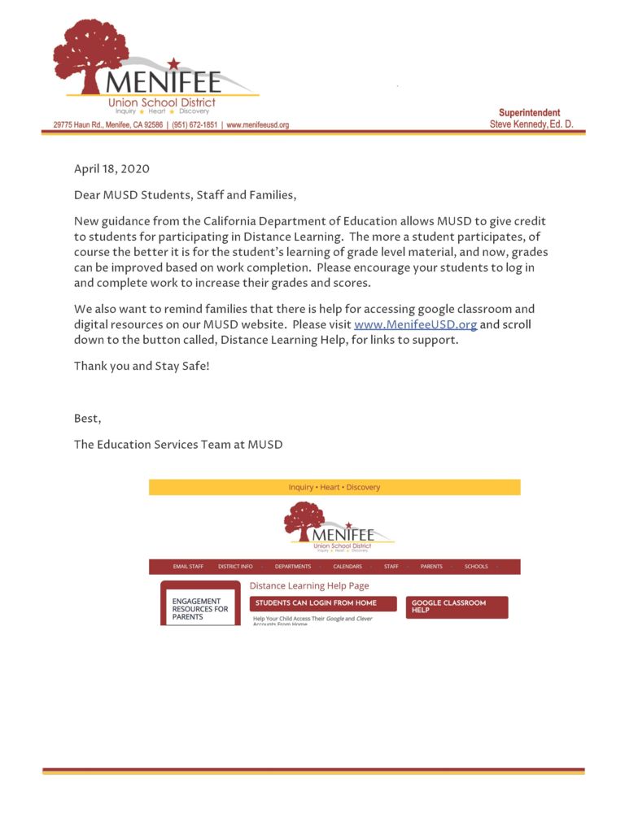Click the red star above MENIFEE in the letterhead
[173, 63]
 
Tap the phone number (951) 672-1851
[194, 125]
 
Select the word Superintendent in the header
[529, 113]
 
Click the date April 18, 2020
[111, 169]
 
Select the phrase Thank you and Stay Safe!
[142, 366]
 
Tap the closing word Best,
[88, 419]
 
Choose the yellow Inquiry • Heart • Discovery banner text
[334, 487]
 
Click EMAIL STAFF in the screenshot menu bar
[188, 567]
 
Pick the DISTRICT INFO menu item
[235, 567]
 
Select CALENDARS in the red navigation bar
[347, 567]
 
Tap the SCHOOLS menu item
[476, 567]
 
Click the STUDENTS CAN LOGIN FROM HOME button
[323, 603]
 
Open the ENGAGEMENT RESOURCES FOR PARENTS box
[200, 609]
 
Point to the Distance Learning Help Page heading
[309, 585]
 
